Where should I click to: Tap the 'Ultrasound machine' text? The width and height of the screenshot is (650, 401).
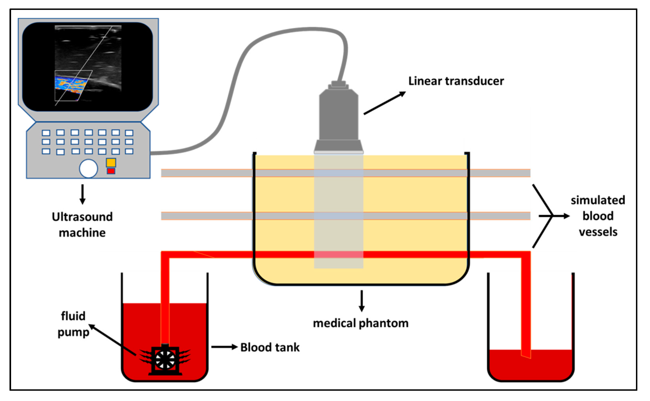point(82,225)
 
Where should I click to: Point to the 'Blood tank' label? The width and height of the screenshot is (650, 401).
point(270,347)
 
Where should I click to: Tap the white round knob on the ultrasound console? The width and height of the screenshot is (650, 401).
point(89,168)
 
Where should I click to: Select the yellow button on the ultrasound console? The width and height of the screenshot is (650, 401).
point(111,162)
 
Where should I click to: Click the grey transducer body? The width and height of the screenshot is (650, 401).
point(339,117)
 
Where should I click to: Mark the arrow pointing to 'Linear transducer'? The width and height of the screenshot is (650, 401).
point(384,103)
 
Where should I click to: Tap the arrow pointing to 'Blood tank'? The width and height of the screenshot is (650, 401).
point(224,347)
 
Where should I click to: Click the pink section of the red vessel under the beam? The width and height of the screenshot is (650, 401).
point(339,255)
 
